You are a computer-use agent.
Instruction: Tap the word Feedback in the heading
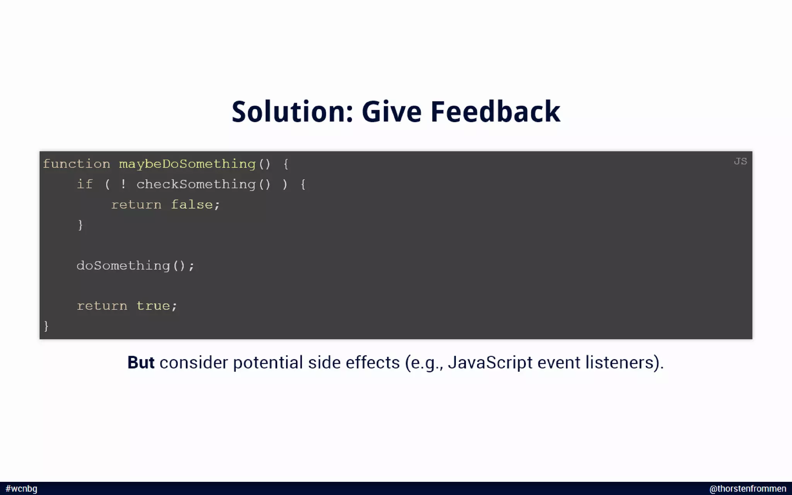pos(495,112)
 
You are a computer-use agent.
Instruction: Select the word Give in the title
pos(391,112)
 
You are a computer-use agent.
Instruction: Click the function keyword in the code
pos(77,164)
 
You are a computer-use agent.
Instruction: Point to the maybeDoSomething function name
pos(187,164)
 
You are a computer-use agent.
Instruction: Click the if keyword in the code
pos(85,184)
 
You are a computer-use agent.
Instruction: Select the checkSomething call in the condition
pos(196,184)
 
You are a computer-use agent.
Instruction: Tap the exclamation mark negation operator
pos(123,184)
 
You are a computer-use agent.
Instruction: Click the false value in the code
pos(192,205)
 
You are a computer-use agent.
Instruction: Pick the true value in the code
pos(153,306)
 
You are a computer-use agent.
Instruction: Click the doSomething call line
pos(135,266)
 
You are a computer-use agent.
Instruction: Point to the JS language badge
pos(740,161)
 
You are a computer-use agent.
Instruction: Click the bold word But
pos(141,363)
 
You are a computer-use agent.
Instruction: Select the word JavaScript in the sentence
pos(490,363)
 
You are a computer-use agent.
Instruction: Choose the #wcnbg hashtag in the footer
pos(22,489)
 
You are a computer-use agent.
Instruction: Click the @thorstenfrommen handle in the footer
pos(748,489)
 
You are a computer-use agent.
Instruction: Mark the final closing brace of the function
pos(46,326)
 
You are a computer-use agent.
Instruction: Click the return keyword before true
pos(102,306)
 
